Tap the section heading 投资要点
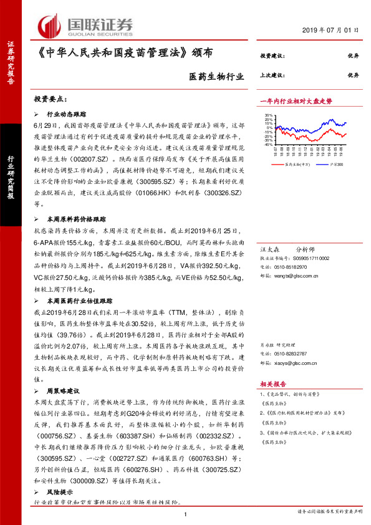pos(51,99)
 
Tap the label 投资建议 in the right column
pos(272,55)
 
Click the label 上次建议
pos(272,75)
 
